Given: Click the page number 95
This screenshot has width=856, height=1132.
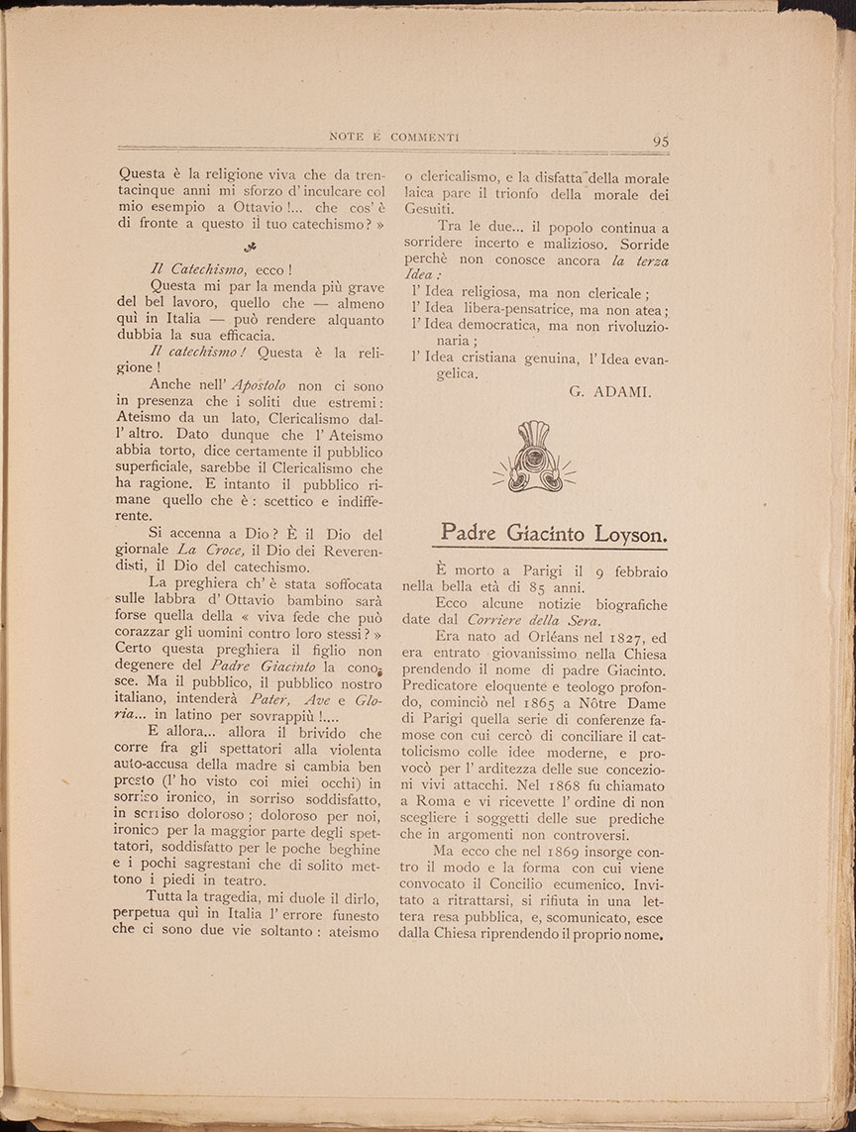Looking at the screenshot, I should pos(661,141).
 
